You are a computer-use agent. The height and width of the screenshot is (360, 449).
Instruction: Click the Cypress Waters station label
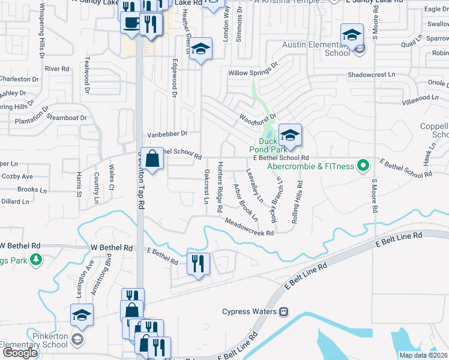point(249,311)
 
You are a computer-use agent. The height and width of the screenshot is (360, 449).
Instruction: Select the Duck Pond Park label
point(265,145)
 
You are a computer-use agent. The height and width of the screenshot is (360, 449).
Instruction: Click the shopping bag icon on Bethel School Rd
point(152,159)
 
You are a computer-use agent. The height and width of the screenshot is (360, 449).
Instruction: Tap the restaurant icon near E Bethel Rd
point(198,263)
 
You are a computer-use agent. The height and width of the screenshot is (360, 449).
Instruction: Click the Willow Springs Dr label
point(253,70)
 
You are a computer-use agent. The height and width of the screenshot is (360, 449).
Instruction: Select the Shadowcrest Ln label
point(372,75)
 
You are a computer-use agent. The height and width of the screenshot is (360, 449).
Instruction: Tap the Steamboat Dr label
point(71,118)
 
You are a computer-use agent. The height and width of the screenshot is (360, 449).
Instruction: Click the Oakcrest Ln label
point(206,186)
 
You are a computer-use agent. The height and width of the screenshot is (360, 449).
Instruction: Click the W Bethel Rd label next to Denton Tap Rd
point(111,247)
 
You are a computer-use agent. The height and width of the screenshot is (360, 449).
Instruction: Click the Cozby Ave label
point(19,176)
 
